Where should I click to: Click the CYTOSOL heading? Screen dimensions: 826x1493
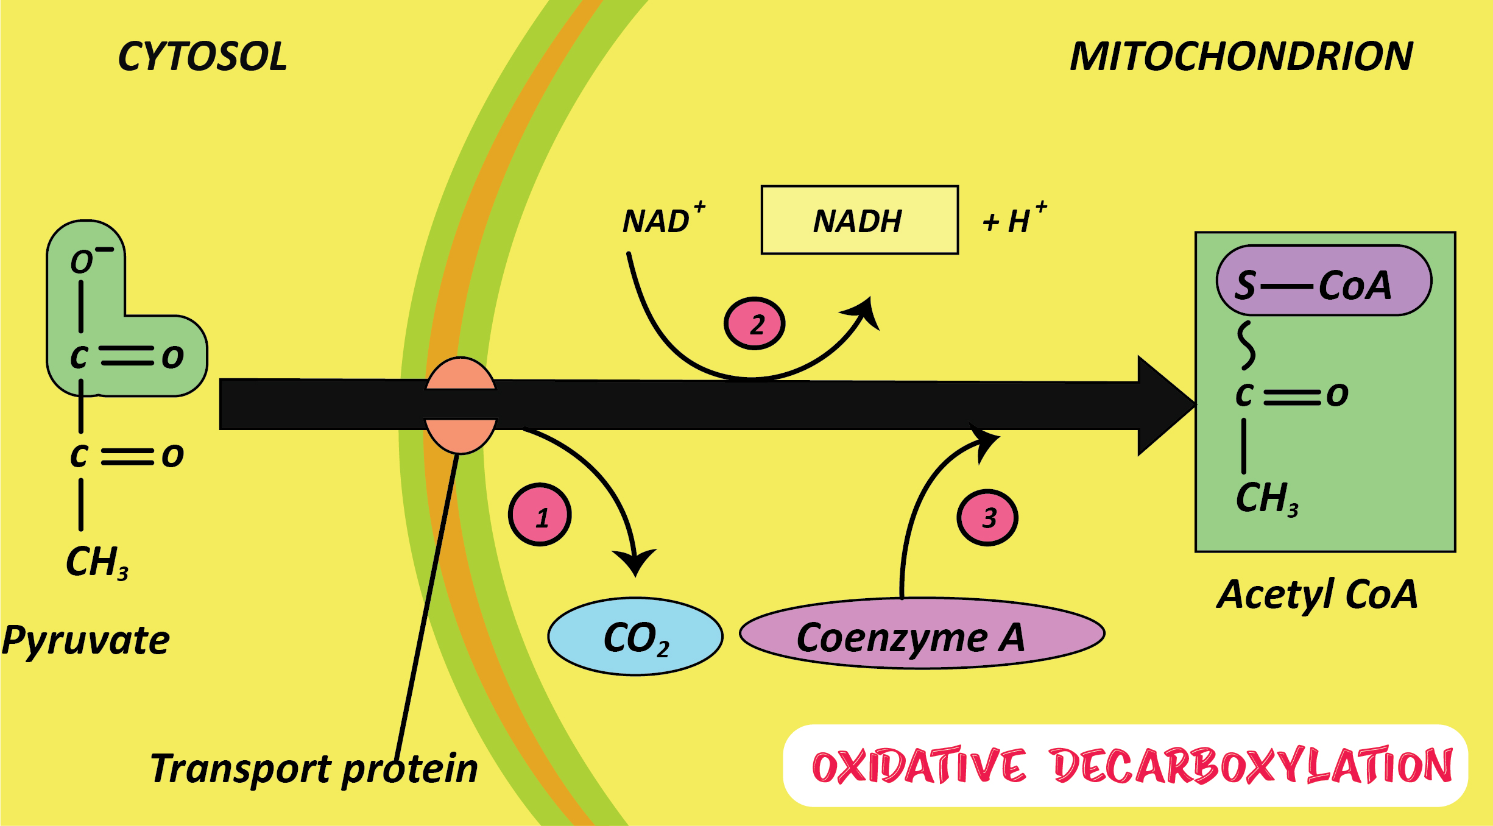click(202, 57)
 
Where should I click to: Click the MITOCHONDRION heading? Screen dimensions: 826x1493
click(1241, 57)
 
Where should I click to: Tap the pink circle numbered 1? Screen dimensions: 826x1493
click(540, 515)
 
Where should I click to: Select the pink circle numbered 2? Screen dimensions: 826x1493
click(754, 323)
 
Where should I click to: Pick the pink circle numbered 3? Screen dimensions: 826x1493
click(987, 518)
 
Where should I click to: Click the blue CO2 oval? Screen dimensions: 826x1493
click(635, 637)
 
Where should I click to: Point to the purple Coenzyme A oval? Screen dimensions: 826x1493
click(922, 634)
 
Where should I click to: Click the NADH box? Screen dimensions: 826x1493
click(859, 221)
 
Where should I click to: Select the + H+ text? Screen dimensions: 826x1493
click(1014, 219)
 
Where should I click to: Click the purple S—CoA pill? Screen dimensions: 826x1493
click(1324, 281)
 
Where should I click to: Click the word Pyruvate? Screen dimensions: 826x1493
click(86, 641)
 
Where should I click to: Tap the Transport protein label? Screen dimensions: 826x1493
click(314, 769)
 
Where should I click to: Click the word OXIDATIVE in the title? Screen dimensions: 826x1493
click(919, 766)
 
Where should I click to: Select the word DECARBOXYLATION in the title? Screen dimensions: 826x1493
click(1252, 766)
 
